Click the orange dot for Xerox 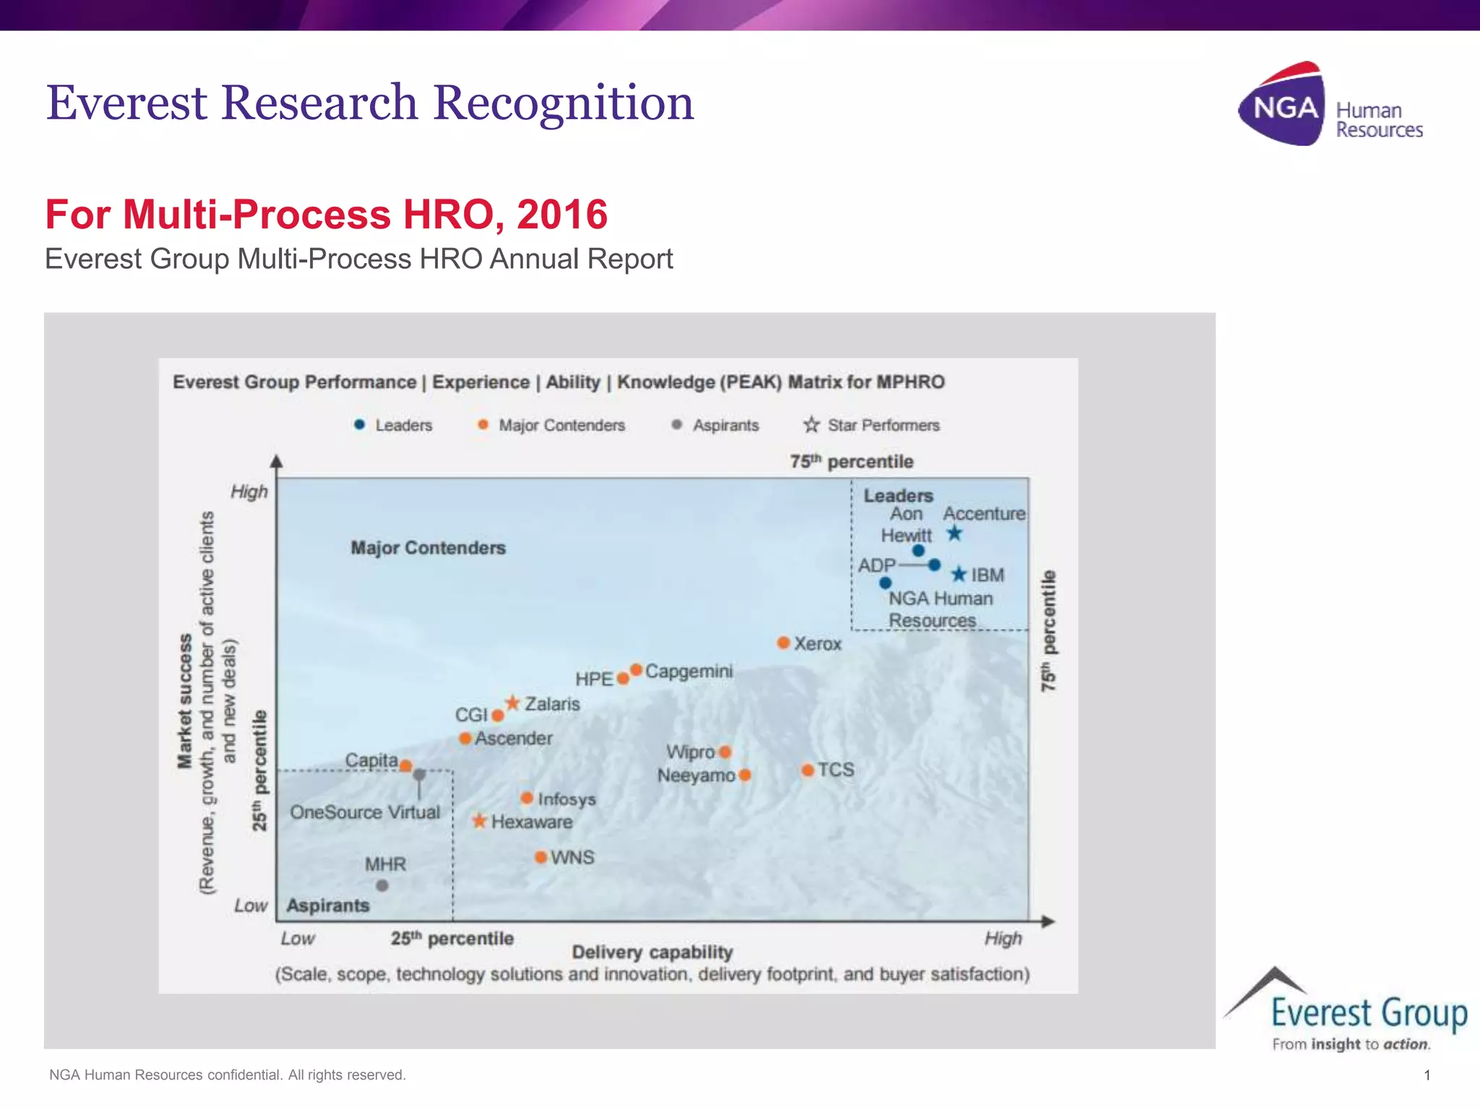click(x=783, y=642)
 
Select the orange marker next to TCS click(x=808, y=770)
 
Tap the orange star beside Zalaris click(x=512, y=702)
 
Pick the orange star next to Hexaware click(x=479, y=821)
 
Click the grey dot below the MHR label click(x=382, y=885)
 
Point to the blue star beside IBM click(x=959, y=575)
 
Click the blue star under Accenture click(x=955, y=534)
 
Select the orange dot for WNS click(x=541, y=857)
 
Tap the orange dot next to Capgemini click(x=636, y=670)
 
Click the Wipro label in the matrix click(x=690, y=752)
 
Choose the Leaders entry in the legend click(x=393, y=425)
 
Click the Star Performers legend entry click(x=872, y=425)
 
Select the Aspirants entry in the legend click(x=715, y=425)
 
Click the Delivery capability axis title click(x=652, y=952)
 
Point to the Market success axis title click(x=186, y=701)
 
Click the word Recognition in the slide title click(x=563, y=103)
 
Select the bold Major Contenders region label click(x=428, y=548)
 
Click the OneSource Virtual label click(x=365, y=812)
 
